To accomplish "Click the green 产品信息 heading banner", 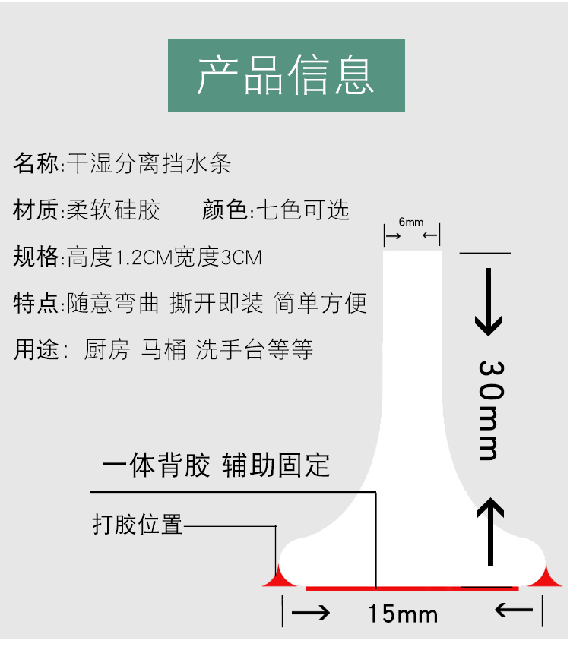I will point(286,76).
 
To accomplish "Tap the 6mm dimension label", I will point(411,222).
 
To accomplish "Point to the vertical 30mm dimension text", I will point(489,410).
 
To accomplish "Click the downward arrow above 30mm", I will point(489,302).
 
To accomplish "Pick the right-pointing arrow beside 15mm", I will point(311,612).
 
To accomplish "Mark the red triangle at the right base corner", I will point(549,579).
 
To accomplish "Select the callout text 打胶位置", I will point(138,525).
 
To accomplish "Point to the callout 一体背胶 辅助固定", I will point(217,465).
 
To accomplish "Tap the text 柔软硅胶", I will point(113,210).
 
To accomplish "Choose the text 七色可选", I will point(302,210).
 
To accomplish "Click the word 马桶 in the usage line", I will point(163,351).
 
